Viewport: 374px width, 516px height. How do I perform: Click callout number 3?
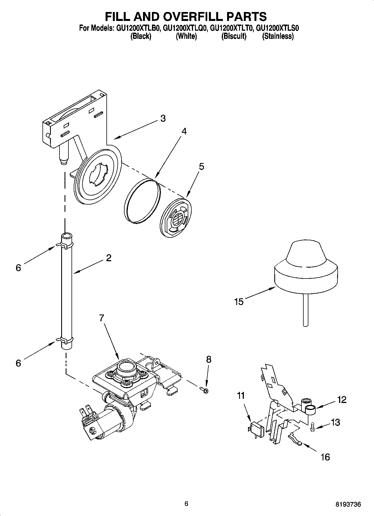(x=163, y=118)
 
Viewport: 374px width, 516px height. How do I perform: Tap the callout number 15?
(x=239, y=302)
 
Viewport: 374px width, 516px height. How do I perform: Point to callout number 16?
(x=325, y=457)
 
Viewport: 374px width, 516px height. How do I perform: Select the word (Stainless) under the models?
(x=278, y=36)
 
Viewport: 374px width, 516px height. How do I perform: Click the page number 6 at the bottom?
(x=187, y=503)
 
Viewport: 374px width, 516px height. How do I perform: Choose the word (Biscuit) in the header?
(x=234, y=36)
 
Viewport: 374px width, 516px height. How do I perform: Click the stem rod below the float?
(x=306, y=310)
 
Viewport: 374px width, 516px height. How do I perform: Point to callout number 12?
(x=342, y=400)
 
